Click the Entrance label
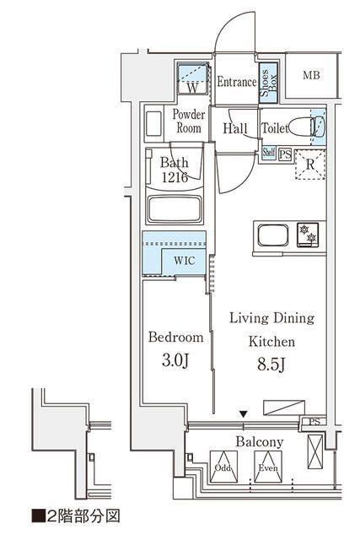click(x=237, y=82)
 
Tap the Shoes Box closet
click(x=268, y=83)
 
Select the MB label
click(x=311, y=75)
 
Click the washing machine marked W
click(x=193, y=78)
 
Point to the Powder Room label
click(x=189, y=121)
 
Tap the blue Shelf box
click(x=268, y=152)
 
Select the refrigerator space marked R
click(x=310, y=165)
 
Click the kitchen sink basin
click(x=273, y=235)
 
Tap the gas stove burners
click(x=308, y=235)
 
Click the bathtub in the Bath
click(x=175, y=209)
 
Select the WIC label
click(x=185, y=261)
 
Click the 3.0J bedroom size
click(x=175, y=360)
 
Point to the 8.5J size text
click(x=271, y=364)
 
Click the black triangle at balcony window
click(x=244, y=413)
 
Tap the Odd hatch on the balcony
click(x=223, y=467)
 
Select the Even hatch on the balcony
click(x=268, y=467)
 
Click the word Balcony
click(x=260, y=442)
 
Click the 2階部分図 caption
click(x=76, y=516)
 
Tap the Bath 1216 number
click(x=175, y=177)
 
